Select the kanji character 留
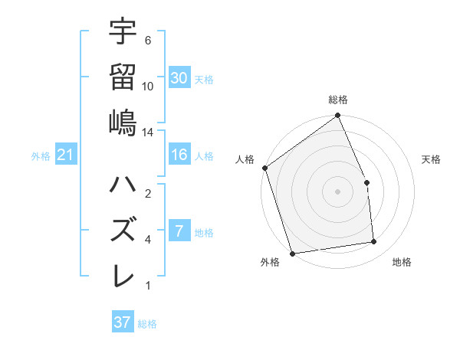point(123,77)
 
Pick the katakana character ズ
point(123,230)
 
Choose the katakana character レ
point(123,276)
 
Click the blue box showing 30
point(179,77)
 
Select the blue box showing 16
point(179,155)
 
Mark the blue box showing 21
point(66,155)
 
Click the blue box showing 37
point(123,322)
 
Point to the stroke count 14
point(148,133)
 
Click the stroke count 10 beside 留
point(148,86)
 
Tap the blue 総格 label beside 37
point(147,324)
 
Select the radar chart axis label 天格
point(431,159)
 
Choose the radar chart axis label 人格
point(245,159)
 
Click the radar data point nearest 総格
point(337,116)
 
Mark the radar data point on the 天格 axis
point(366,182)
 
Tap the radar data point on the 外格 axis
point(292,253)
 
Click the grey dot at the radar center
point(337,191)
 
